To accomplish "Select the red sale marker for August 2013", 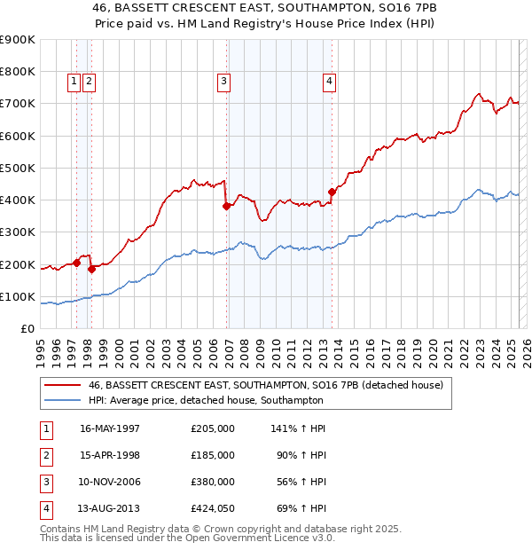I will click(x=332, y=192).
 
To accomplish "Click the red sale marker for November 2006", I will click(x=226, y=206).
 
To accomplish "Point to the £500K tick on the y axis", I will click(x=19, y=168).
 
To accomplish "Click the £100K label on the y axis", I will click(x=19, y=297).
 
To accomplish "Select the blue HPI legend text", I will click(x=206, y=400).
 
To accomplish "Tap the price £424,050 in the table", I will click(x=213, y=508).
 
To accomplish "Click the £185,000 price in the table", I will click(x=213, y=455).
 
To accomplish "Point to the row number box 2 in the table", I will click(x=44, y=455).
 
